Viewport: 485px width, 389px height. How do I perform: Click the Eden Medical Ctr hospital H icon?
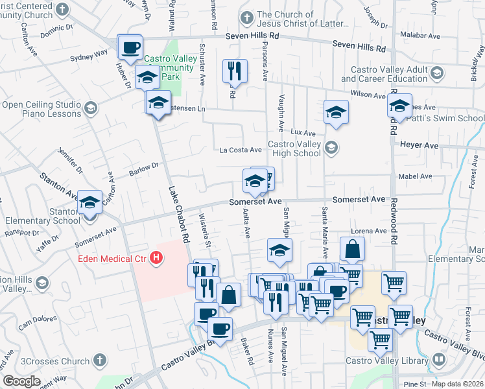pyautogui.click(x=156, y=258)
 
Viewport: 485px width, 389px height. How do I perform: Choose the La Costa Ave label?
pyautogui.click(x=241, y=150)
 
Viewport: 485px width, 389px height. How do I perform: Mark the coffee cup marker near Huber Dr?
pyautogui.click(x=130, y=48)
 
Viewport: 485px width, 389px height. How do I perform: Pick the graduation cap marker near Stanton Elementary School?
pyautogui.click(x=90, y=203)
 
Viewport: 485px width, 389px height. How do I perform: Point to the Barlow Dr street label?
pyautogui.click(x=144, y=169)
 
